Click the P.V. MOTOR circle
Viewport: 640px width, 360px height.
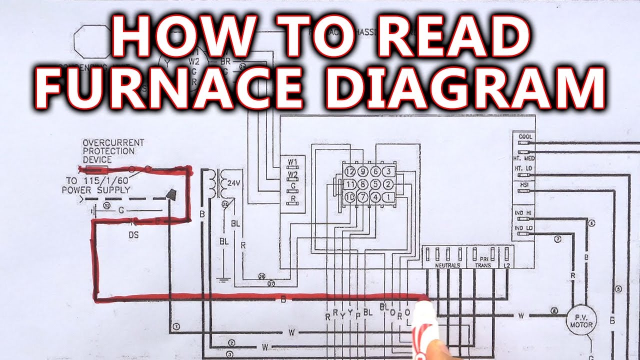[581, 320]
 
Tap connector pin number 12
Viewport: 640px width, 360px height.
[349, 172]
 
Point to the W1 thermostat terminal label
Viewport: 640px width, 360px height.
[293, 162]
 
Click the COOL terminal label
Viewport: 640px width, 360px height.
[525, 137]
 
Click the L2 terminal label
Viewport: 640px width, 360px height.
[507, 265]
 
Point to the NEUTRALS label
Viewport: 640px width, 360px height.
[447, 265]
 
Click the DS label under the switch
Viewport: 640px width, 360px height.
[134, 234]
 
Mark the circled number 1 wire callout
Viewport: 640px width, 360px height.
[176, 326]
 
